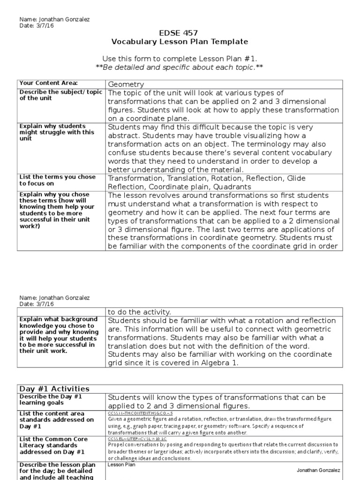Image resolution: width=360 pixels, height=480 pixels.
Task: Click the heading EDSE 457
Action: click(180, 33)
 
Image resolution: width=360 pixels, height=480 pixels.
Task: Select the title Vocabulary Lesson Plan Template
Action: click(180, 42)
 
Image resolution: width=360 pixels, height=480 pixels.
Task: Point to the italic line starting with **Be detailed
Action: click(180, 67)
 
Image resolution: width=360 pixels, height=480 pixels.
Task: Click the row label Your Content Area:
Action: click(48, 83)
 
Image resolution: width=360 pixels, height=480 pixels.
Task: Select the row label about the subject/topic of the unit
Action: click(60, 95)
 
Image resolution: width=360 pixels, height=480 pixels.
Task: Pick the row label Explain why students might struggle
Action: click(57, 133)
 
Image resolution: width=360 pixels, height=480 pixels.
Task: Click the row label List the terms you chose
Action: click(57, 180)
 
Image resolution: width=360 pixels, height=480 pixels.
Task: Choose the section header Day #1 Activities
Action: click(54, 389)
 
